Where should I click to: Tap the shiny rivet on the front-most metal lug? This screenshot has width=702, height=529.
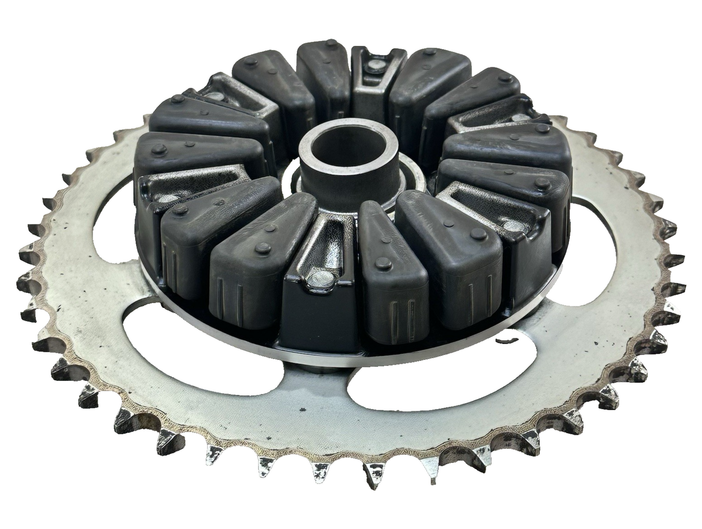318,279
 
